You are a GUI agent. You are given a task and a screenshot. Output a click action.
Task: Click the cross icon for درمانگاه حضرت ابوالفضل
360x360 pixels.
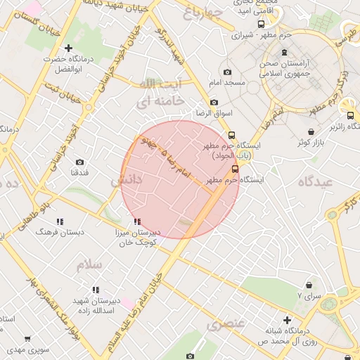tap(68, 48)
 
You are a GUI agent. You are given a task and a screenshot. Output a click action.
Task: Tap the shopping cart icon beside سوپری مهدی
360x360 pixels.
tap(27, 339)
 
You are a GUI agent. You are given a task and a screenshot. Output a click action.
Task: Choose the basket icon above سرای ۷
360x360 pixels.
tap(309, 285)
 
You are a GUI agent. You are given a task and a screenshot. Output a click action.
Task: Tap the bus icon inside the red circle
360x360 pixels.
tap(235, 169)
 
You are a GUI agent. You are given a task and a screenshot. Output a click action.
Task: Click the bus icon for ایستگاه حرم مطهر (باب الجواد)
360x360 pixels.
tap(231, 135)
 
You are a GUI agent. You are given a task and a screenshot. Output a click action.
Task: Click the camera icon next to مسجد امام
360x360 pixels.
tap(226, 72)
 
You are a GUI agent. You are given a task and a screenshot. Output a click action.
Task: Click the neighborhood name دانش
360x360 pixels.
tap(127, 180)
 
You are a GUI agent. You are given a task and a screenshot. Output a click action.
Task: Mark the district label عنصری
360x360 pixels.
tap(225, 324)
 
